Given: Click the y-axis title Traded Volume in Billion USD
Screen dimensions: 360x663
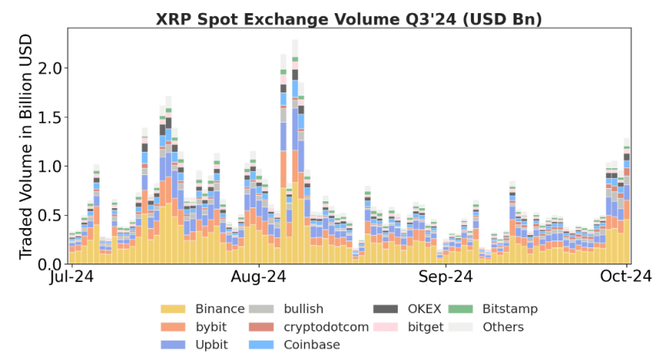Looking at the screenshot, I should pos(25,146).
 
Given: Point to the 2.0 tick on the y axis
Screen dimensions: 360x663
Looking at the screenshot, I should pos(50,68).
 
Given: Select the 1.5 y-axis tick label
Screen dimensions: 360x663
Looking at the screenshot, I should pos(50,117).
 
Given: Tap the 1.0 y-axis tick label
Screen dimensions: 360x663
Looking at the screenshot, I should pos(50,167).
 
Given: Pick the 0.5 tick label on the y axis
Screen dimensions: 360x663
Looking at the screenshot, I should pos(50,215).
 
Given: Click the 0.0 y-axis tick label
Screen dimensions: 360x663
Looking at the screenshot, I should pos(50,264).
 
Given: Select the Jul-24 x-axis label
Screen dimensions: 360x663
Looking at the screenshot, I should pos(72,277).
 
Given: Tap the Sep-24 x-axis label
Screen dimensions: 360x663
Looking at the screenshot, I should pos(445,277).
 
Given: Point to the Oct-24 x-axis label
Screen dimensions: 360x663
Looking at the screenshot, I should pos(626,277).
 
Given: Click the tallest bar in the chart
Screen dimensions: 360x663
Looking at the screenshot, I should pos(295,154).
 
